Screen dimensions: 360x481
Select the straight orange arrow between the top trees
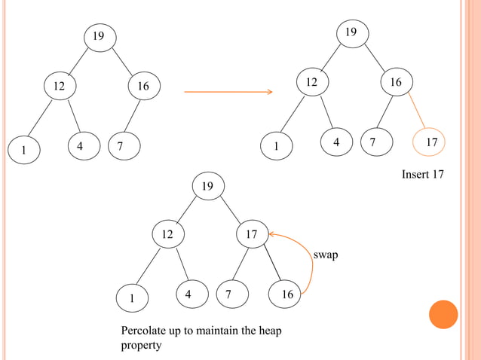[x=228, y=92]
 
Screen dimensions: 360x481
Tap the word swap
[x=326, y=255]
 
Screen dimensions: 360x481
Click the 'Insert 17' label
[x=423, y=175]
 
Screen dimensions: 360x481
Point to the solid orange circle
[x=443, y=314]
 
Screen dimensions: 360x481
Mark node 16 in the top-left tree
[x=142, y=87]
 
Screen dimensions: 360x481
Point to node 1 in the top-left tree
[x=24, y=150]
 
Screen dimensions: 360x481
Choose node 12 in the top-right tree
[x=311, y=82]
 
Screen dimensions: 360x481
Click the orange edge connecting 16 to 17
[x=418, y=112]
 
